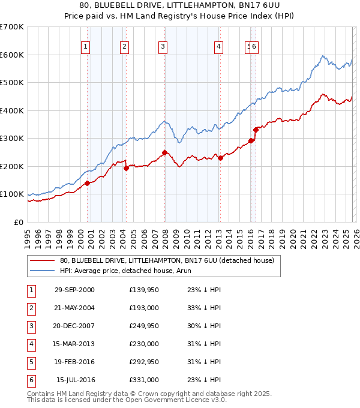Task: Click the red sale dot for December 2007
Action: (164, 152)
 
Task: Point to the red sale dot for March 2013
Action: (220, 158)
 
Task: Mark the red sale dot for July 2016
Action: (256, 129)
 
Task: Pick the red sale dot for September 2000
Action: (88, 183)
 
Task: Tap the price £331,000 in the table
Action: (143, 379)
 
